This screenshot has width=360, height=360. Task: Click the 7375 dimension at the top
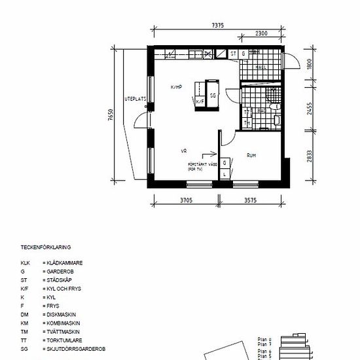(218, 26)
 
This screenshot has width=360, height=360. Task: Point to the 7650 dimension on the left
(111, 117)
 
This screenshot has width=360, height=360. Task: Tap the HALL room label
(260, 67)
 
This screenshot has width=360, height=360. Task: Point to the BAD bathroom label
(261, 111)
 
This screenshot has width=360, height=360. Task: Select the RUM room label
(251, 155)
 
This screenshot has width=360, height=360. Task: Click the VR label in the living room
(184, 151)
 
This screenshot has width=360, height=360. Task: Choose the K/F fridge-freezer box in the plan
(200, 101)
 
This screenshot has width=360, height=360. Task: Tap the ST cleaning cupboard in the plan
(232, 54)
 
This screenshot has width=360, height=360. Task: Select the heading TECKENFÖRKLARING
(46, 247)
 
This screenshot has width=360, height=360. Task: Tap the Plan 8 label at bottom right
(264, 339)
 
